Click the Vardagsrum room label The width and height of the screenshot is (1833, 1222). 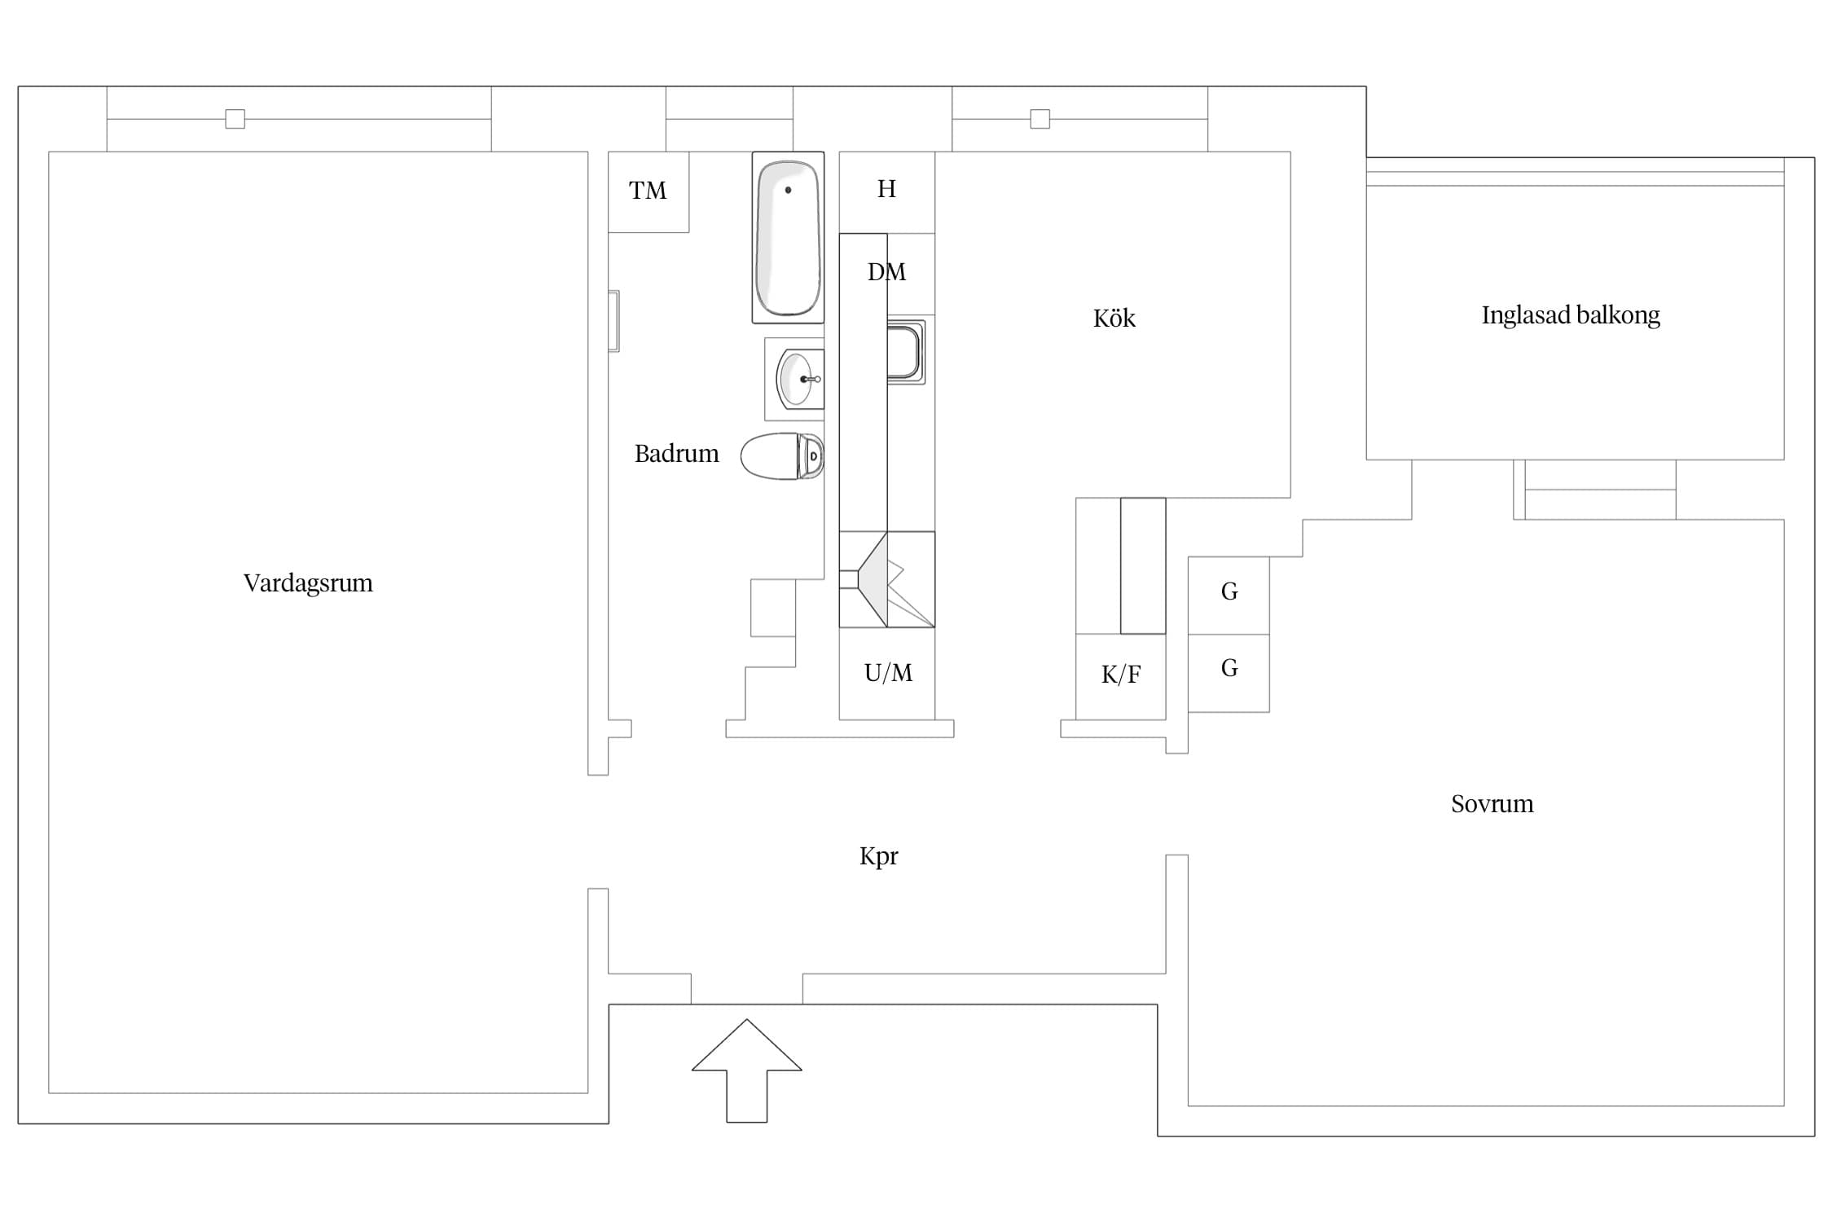click(x=308, y=583)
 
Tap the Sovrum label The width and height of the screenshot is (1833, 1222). click(x=1492, y=804)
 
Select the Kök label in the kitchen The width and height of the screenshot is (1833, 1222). click(x=1114, y=318)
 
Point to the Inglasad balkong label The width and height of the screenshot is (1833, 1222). click(x=1570, y=315)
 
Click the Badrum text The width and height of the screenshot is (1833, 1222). click(x=676, y=454)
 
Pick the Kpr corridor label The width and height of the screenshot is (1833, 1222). click(x=878, y=856)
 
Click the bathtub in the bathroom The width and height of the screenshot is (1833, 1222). click(x=788, y=237)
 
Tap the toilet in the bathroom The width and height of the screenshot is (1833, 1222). click(x=782, y=456)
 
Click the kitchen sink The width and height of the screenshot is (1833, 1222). click(x=905, y=352)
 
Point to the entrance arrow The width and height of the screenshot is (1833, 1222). click(x=747, y=1070)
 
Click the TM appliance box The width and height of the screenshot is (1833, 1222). click(x=648, y=191)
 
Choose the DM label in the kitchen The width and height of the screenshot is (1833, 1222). click(x=886, y=272)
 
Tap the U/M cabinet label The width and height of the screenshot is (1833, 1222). click(x=888, y=673)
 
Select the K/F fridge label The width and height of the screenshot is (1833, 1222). click(x=1121, y=675)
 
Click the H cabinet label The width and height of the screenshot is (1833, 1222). click(x=886, y=189)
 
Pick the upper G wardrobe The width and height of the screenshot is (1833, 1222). click(x=1229, y=596)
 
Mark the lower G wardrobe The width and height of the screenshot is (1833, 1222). click(x=1229, y=674)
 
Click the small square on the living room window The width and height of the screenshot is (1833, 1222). click(x=235, y=119)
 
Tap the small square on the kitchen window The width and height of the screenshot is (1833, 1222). click(x=1040, y=119)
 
